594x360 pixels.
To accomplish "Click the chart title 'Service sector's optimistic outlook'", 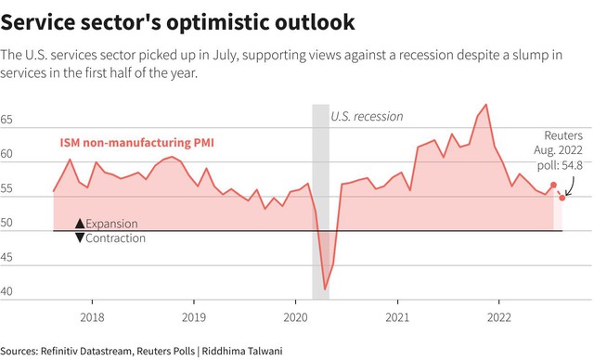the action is (177, 22).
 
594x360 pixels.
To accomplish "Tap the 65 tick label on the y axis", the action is (6, 120).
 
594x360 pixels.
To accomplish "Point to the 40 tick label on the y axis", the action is (6, 291).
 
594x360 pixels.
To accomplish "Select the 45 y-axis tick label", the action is (6, 257).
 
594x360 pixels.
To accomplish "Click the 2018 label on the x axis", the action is (92, 317).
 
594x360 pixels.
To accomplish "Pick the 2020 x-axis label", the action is (295, 317).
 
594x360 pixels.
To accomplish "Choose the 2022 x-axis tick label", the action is (499, 317).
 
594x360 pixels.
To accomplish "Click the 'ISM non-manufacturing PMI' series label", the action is (136, 143).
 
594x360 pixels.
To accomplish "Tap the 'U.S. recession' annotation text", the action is (367, 116).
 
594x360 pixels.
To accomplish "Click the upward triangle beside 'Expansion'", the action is (80, 224).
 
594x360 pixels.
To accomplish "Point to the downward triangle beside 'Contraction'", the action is (80, 238).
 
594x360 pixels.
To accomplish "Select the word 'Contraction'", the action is (115, 238).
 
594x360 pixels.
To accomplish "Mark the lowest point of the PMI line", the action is (325, 289).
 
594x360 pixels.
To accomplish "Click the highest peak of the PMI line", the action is (486, 105).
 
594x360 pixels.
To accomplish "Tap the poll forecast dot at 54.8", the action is (562, 198).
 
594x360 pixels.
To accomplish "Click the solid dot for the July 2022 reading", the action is (553, 185).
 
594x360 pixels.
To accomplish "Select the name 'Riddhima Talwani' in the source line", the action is (242, 351).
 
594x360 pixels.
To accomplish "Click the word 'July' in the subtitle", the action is (225, 56).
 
